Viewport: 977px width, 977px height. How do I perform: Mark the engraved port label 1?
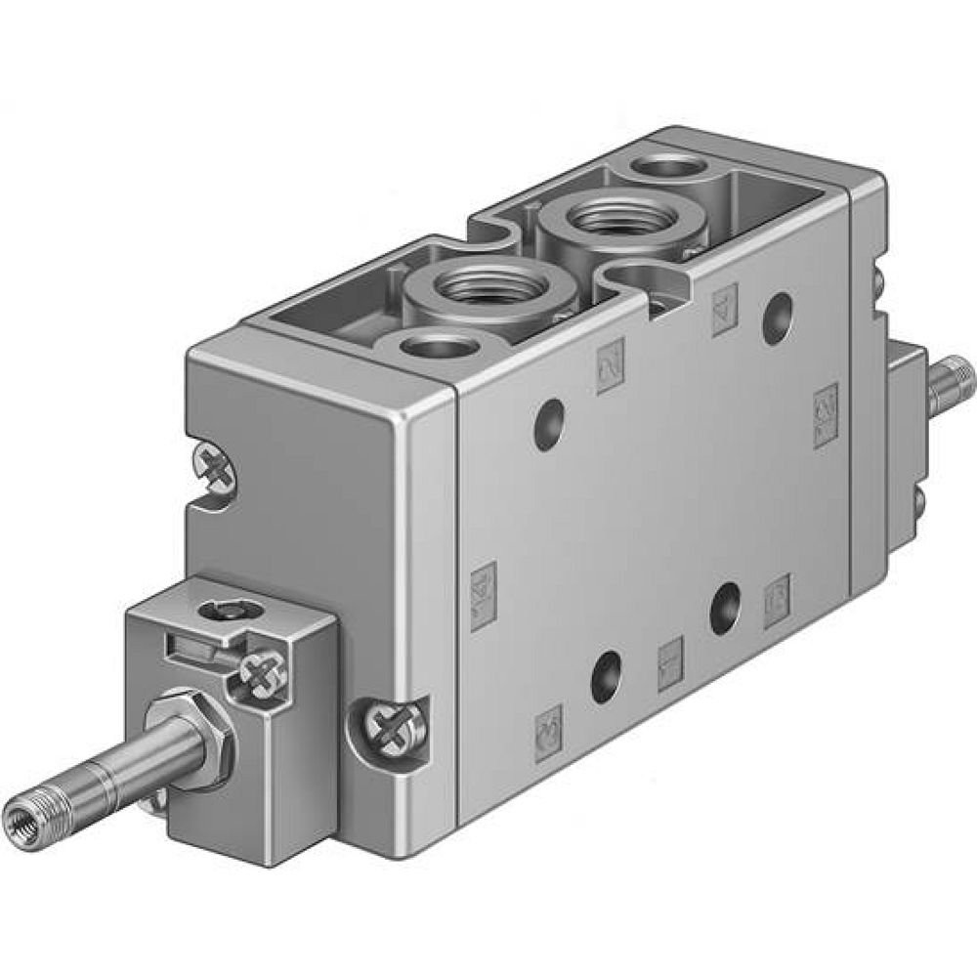tap(670, 663)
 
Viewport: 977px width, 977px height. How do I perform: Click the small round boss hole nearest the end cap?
tap(436, 345)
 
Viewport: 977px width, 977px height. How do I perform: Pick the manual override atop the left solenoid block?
tap(220, 611)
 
